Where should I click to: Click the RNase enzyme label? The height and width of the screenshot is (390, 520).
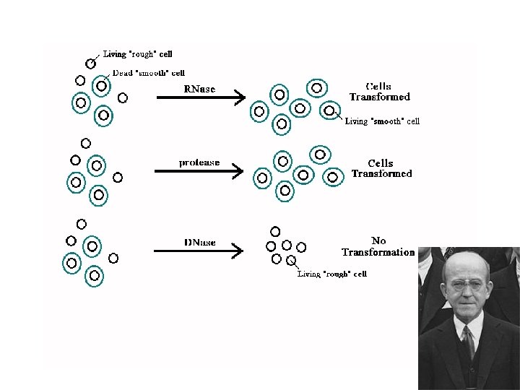pyautogui.click(x=199, y=90)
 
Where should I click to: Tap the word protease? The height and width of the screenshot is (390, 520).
pyautogui.click(x=199, y=162)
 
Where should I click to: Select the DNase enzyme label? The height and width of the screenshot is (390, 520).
pyautogui.click(x=199, y=243)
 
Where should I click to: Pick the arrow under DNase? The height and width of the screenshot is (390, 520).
pyautogui.click(x=198, y=251)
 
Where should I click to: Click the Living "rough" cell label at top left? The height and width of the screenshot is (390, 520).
pyautogui.click(x=137, y=53)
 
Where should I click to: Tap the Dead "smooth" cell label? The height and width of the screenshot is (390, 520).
pyautogui.click(x=148, y=73)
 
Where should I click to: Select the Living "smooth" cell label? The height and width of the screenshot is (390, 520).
pyautogui.click(x=382, y=121)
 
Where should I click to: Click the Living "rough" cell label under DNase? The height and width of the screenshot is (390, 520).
pyautogui.click(x=332, y=274)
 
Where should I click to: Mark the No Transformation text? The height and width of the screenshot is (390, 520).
pyautogui.click(x=378, y=246)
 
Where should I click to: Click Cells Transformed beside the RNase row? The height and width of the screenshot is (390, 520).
pyautogui.click(x=379, y=92)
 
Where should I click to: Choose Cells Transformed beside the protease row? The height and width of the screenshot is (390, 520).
pyautogui.click(x=381, y=168)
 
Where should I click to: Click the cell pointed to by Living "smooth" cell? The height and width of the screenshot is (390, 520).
pyautogui.click(x=329, y=111)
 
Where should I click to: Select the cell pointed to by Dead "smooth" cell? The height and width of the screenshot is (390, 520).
pyautogui.click(x=102, y=86)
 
